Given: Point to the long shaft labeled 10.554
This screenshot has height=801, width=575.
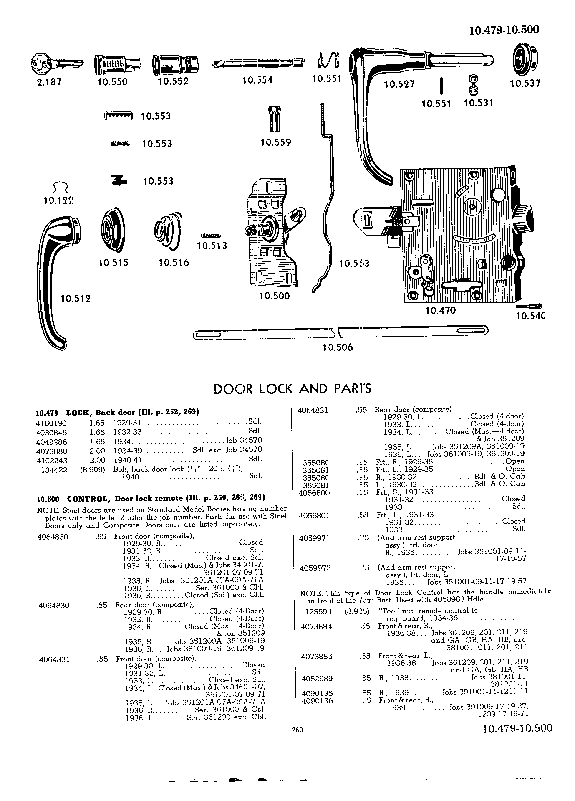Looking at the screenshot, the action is (259, 63).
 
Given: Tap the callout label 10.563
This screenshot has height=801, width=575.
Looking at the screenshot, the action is (354, 264).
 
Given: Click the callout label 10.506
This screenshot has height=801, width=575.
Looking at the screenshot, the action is (338, 347).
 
